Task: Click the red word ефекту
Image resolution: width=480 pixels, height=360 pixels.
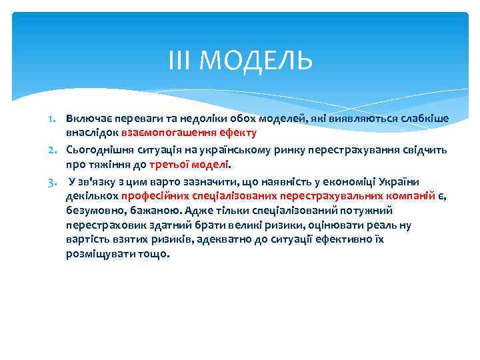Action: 229,132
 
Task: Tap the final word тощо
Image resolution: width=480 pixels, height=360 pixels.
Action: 155,253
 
